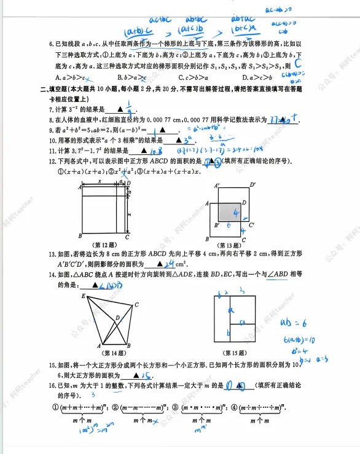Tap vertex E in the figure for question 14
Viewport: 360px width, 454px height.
pyautogui.click(x=83, y=297)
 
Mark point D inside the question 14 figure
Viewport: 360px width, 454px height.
pyautogui.click(x=117, y=317)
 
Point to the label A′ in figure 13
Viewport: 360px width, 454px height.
pyautogui.click(x=217, y=184)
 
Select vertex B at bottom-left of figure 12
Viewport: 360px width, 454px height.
pyautogui.click(x=80, y=236)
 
